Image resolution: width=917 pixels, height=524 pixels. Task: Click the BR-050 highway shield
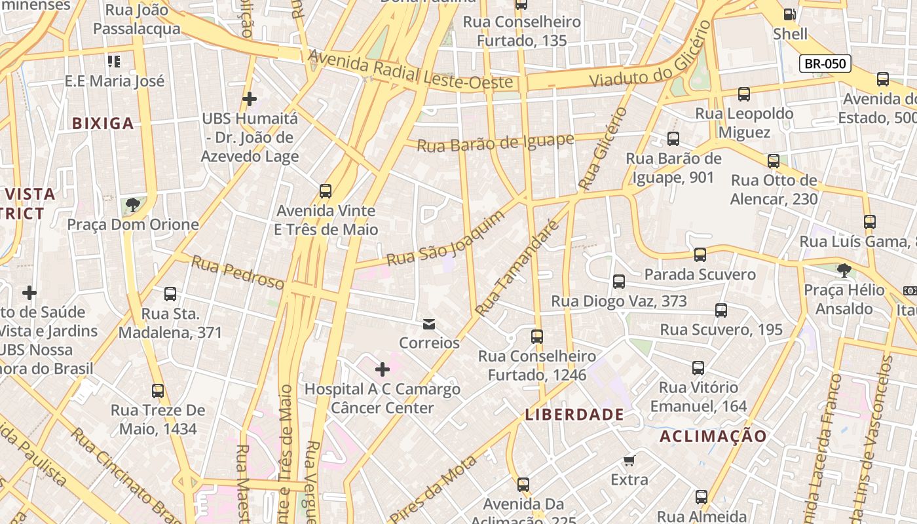[x=825, y=64]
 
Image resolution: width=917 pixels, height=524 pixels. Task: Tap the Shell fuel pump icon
[x=790, y=14]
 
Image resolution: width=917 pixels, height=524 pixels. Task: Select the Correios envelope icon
[x=429, y=324]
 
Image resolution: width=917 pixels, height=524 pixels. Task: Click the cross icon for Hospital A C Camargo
[x=383, y=369]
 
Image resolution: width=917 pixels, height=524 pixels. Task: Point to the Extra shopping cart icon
[x=629, y=460]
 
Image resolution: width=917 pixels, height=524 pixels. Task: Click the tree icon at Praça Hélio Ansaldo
[x=844, y=270]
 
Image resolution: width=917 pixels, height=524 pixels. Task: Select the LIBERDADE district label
[x=574, y=415]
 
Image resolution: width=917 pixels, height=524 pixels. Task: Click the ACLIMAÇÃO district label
[x=713, y=436]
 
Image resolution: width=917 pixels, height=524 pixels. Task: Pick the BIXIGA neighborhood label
[x=103, y=123]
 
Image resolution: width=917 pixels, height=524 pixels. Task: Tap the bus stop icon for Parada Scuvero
[x=700, y=255]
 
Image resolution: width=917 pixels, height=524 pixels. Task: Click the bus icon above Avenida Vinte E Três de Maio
[x=326, y=191]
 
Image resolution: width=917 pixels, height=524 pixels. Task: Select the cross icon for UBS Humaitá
[x=250, y=99]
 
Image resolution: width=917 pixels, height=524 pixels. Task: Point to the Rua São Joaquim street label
[x=445, y=238]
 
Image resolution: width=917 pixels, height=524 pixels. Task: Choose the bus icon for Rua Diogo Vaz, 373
[x=619, y=282]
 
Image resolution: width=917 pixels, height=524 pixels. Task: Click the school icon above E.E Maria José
[x=114, y=62]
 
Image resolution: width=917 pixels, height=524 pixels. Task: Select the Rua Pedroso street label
[x=238, y=272]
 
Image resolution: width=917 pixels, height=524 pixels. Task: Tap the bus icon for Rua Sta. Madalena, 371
[x=170, y=294]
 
